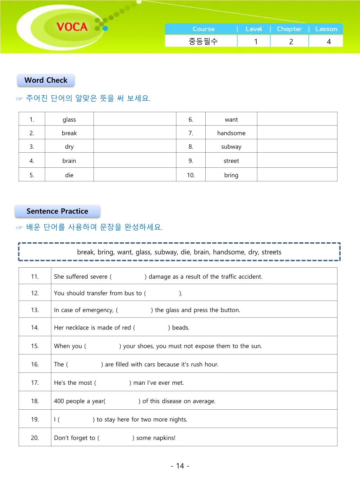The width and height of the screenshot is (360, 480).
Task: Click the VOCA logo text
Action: coord(72,27)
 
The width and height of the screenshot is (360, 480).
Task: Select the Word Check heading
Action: coord(46,80)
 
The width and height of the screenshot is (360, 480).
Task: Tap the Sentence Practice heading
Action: coord(57,211)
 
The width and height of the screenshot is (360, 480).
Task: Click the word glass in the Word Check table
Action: coord(69,120)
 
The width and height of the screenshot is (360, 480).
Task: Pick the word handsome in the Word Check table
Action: coord(231,133)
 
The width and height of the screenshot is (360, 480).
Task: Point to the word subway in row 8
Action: coord(231,147)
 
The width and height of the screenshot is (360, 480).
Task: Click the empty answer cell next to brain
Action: coord(135,161)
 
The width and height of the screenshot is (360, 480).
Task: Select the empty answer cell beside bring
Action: coord(297,175)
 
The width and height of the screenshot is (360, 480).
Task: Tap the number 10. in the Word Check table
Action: coord(191,175)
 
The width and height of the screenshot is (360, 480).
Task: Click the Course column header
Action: coord(204,29)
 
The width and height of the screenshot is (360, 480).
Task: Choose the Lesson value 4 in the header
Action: coord(329,41)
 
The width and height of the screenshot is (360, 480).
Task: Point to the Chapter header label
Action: coord(289,29)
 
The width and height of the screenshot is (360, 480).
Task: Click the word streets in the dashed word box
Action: coord(271,252)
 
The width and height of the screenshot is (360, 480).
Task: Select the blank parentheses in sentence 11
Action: coord(128,277)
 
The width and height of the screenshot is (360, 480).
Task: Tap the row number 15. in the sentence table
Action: coord(35,346)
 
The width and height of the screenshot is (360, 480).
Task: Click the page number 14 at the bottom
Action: coord(180,466)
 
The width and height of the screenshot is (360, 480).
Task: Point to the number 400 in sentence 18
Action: coord(59,401)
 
